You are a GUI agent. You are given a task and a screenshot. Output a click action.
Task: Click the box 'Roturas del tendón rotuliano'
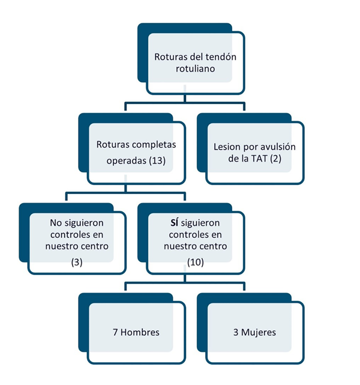tap(195, 63)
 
